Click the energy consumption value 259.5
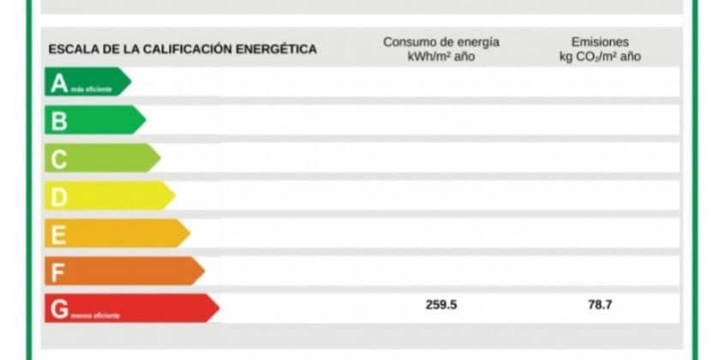point(441,305)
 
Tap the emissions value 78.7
point(600,305)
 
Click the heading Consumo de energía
point(441,42)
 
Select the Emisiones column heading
point(600,42)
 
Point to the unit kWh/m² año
point(441,57)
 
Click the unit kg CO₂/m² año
point(600,57)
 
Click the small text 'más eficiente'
point(91,88)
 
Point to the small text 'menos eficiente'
point(95,315)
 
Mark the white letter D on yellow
point(59,197)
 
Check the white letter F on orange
point(58,273)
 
